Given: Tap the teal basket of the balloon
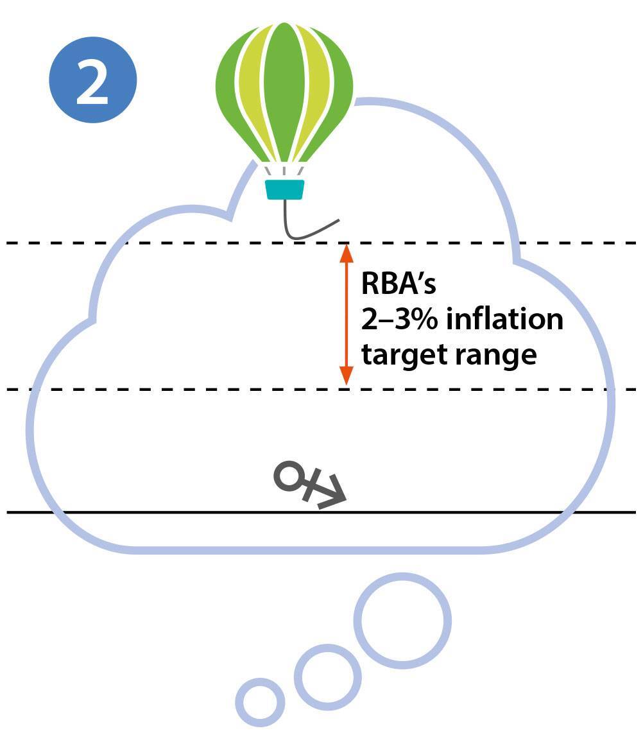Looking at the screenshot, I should [x=284, y=189].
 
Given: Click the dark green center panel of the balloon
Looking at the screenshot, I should [x=284, y=90].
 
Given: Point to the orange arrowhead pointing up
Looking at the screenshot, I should [x=347, y=254].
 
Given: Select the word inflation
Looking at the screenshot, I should [x=504, y=319].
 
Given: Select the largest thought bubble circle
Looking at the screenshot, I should [x=402, y=621].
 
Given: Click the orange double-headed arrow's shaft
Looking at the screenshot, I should [x=347, y=315].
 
